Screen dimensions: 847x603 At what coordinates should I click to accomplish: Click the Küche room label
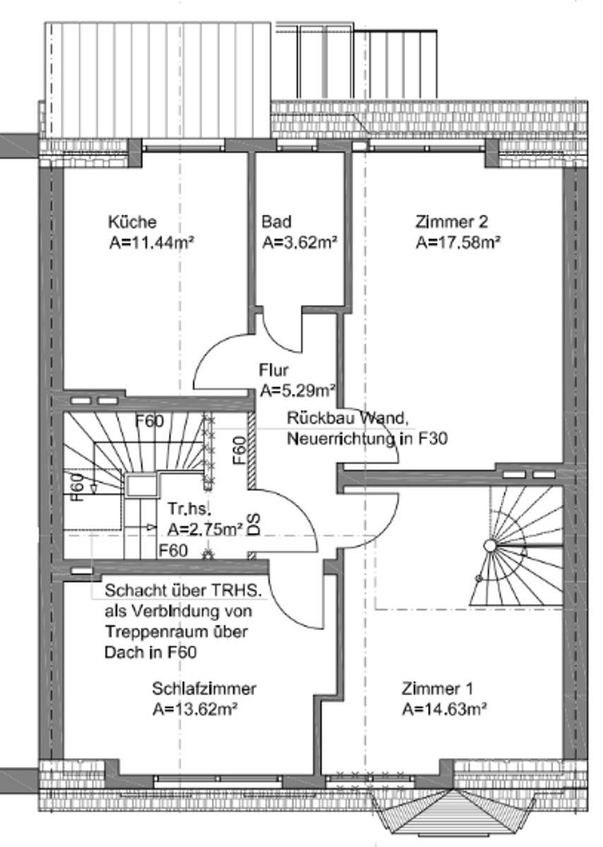point(132,222)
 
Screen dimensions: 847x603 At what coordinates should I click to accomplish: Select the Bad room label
point(276,222)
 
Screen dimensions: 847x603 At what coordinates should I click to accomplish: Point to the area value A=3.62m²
point(299,244)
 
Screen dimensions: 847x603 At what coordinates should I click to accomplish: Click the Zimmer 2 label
point(452,222)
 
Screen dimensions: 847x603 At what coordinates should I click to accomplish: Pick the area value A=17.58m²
point(458,244)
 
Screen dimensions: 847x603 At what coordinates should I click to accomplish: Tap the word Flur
point(274,369)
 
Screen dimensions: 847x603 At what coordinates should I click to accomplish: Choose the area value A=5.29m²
point(297,389)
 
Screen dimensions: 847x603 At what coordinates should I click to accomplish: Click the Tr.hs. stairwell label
point(190,508)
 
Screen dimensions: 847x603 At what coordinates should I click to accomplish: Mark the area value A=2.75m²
point(205,528)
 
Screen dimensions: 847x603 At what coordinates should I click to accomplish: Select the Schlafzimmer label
point(204,688)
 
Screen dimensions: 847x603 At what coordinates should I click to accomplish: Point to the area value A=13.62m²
point(194,709)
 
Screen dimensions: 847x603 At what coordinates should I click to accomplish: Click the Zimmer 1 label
point(438,688)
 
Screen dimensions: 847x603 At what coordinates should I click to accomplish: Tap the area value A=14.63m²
point(446,709)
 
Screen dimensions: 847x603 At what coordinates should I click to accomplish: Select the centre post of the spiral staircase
point(489,545)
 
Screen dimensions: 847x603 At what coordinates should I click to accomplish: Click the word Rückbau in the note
point(314,417)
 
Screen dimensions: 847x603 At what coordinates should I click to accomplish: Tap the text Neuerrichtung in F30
point(367,439)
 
